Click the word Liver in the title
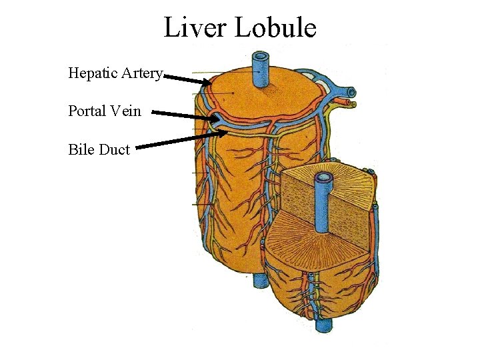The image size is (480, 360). coord(193,27)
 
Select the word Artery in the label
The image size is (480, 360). coord(140,73)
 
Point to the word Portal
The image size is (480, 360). coord(87,111)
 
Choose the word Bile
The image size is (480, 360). coord(81,149)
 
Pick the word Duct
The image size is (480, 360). coord(114,149)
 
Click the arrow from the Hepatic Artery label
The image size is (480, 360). coord(187,79)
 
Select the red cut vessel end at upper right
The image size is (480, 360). coord(347,103)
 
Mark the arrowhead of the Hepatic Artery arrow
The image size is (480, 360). coord(206,83)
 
